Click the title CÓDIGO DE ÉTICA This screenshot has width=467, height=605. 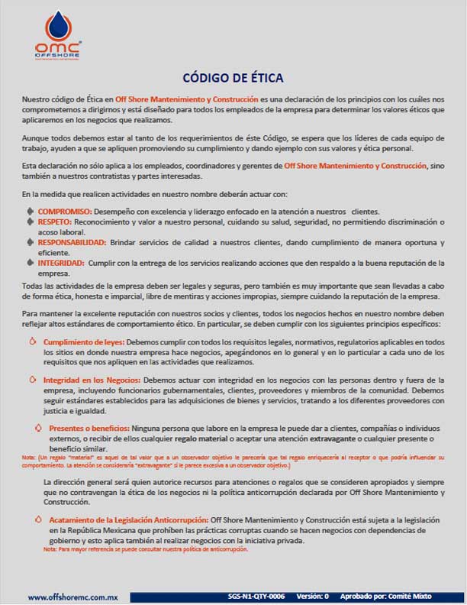point(233,77)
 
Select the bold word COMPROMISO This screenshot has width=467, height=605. point(65,211)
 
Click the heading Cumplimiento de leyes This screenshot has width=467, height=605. point(83,342)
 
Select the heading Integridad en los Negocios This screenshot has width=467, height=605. point(91,380)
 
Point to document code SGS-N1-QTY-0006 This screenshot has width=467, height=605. point(256,596)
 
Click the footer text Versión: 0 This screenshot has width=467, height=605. point(312,596)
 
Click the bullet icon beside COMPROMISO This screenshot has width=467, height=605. point(31,210)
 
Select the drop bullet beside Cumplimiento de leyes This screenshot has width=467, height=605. point(33,342)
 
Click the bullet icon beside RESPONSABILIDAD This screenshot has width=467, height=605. point(31,241)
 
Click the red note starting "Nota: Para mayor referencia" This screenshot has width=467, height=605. point(146,549)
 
